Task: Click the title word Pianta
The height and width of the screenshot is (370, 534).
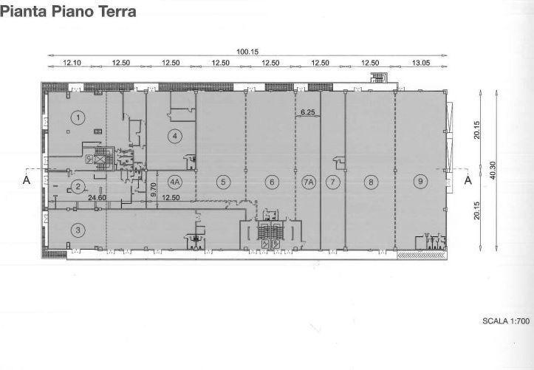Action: click(x=24, y=11)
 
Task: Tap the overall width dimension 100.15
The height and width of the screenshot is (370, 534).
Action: click(x=247, y=52)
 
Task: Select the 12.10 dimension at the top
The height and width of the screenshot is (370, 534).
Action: click(x=72, y=63)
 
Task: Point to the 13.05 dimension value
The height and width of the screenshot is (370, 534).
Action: click(x=421, y=63)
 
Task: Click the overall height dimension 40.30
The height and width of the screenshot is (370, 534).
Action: click(x=493, y=171)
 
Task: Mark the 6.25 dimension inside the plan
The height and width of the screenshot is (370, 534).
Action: click(x=308, y=112)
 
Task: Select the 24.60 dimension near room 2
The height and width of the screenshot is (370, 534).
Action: click(x=97, y=197)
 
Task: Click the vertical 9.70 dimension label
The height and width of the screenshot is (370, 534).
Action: click(x=153, y=190)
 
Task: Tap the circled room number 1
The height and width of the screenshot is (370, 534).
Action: click(x=78, y=117)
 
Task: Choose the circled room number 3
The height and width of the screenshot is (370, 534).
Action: click(x=78, y=230)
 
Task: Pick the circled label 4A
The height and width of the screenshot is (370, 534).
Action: click(x=175, y=182)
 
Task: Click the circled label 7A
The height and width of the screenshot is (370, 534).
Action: click(x=308, y=182)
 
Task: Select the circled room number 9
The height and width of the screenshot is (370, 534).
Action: click(x=420, y=182)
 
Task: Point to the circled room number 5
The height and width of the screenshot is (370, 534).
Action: click(x=223, y=182)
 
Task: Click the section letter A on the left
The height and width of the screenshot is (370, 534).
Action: click(x=27, y=179)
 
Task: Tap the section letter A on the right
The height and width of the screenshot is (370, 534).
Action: click(x=468, y=179)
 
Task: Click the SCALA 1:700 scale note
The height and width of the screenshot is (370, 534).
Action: click(x=506, y=321)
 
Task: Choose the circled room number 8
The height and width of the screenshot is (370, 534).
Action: click(x=371, y=182)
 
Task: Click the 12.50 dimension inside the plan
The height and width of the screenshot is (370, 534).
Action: click(x=171, y=197)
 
